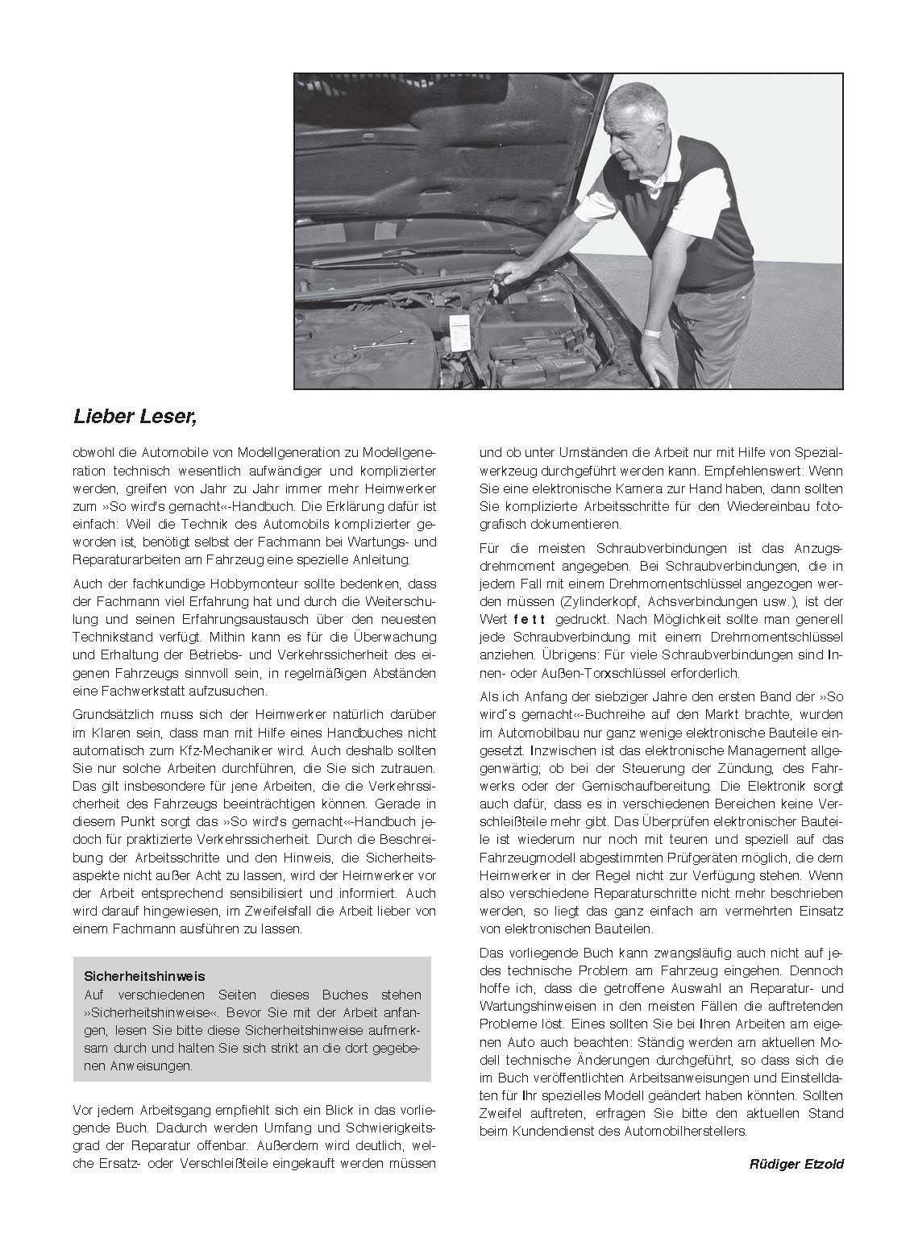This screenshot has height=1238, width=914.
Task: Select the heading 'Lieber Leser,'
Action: (x=135, y=417)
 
